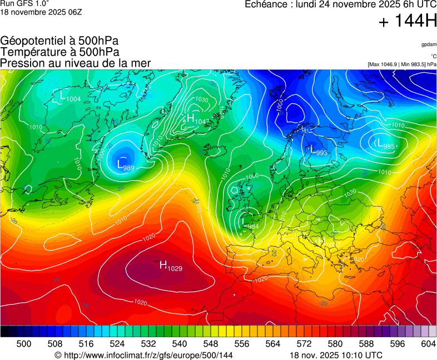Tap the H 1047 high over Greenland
pyautogui.click(x=196, y=119)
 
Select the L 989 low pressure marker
pyautogui.click(x=125, y=164)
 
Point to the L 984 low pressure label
pyautogui.click(x=250, y=223)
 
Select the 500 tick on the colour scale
pyautogui.click(x=24, y=344)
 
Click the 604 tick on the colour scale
pyautogui.click(x=428, y=344)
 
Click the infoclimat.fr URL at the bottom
pyautogui.click(x=143, y=355)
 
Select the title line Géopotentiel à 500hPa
pyautogui.click(x=59, y=41)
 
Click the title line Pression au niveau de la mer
pyautogui.click(x=76, y=63)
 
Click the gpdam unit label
pyautogui.click(x=429, y=44)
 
